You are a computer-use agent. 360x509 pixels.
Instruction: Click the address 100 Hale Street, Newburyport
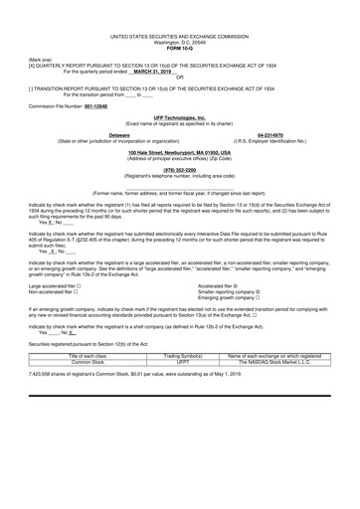pos(180,152)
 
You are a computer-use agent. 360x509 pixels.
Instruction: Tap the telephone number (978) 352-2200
pos(180,170)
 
